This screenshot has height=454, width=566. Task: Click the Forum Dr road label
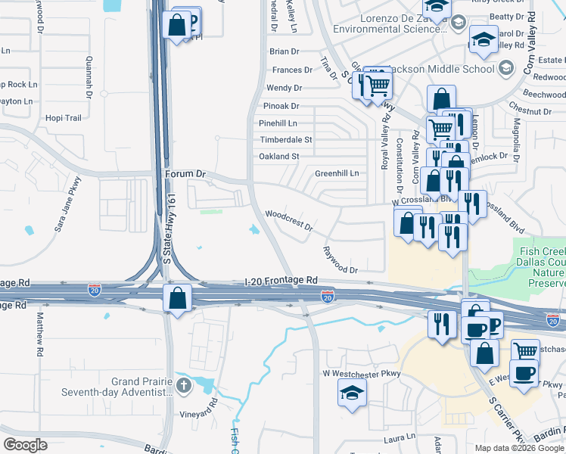pos(185,174)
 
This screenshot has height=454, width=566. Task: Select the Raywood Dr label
pos(340,260)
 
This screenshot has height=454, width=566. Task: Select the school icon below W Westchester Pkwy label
pos(352,393)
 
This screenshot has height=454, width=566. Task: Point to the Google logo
pos(25,445)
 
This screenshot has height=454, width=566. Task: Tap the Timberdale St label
pos(286,140)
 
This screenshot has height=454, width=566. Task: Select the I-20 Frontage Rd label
pos(281,280)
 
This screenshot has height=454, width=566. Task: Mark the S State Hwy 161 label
pos(169,235)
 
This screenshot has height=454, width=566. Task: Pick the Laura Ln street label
pos(400,437)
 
